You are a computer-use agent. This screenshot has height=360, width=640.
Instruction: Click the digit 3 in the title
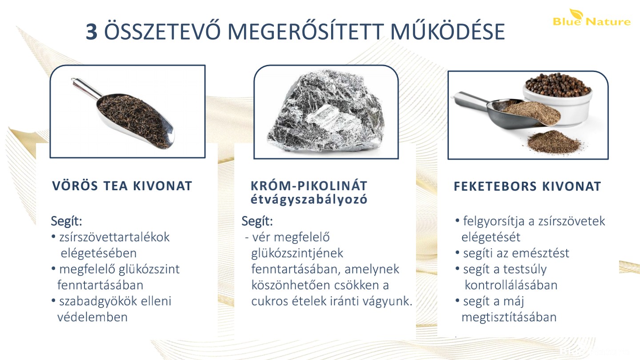92,32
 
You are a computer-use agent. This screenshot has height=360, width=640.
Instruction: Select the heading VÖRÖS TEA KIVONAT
122,186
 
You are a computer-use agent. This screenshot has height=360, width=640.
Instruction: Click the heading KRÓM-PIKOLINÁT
309,185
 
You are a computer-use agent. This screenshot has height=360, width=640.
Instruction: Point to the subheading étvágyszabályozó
309,200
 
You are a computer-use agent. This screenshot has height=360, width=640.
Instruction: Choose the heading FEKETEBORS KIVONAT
528,186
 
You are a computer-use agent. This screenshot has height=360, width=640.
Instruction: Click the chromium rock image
326,111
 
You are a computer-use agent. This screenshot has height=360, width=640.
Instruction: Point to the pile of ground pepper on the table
554,142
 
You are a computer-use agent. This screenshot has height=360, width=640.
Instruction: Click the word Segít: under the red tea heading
66,221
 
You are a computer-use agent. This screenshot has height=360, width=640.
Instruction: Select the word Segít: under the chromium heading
257,221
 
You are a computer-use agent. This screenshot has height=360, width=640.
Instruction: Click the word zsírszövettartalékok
114,237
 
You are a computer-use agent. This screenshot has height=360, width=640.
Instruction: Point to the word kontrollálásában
511,285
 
